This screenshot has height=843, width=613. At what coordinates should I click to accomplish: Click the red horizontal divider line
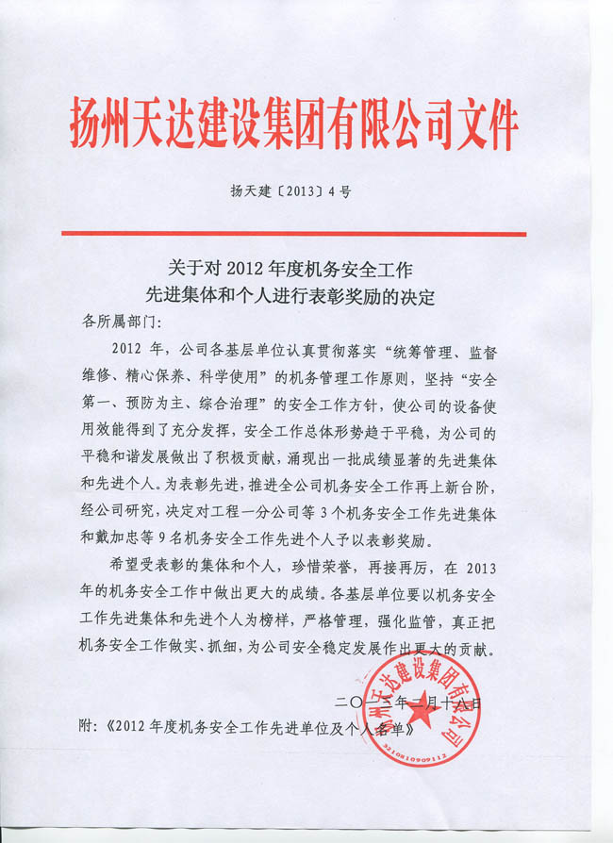[293, 233]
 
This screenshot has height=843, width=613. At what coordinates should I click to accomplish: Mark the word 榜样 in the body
[300, 623]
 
